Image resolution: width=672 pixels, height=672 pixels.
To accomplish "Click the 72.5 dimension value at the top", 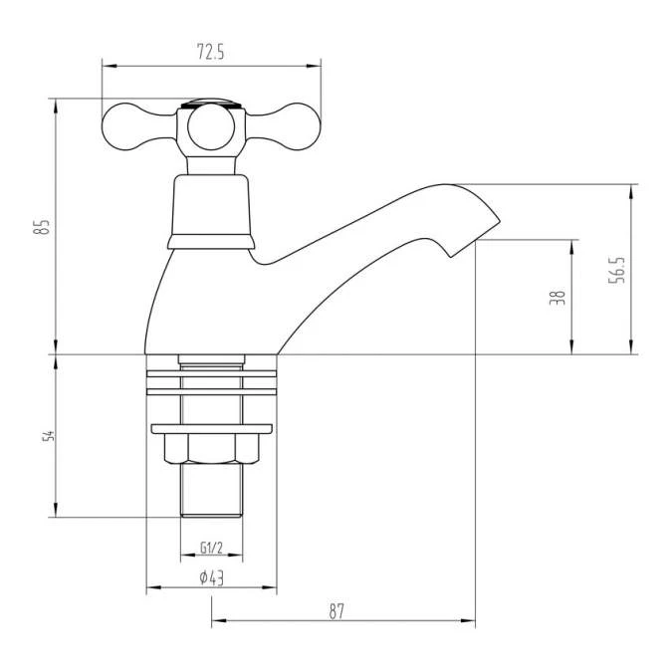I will pos(210,54).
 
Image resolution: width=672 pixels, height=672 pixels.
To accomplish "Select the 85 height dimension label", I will pos(41,226).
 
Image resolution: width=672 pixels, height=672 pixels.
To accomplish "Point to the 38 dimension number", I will pos(558,297).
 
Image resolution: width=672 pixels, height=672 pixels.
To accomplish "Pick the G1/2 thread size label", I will pos(210,548).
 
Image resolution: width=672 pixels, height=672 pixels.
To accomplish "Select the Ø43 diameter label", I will pos(210,577).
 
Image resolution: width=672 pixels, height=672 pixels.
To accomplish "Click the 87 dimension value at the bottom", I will pos(336,611).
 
